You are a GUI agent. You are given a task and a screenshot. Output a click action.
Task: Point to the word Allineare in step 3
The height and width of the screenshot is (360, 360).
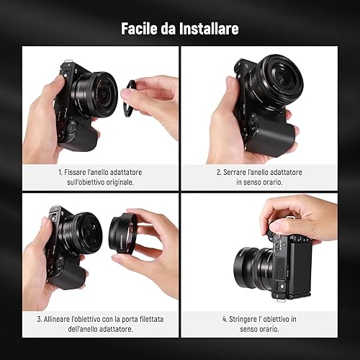click(57, 319)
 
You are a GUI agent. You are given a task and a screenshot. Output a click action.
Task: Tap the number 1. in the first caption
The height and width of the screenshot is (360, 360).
click(60, 172)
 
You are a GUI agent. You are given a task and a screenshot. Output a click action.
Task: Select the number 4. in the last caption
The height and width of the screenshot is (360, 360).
click(225, 319)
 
